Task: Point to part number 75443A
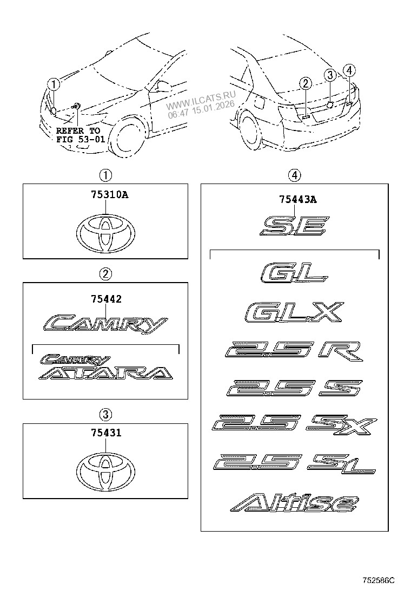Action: (x=295, y=200)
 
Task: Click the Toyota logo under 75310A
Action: (x=105, y=235)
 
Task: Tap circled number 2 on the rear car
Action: (x=306, y=83)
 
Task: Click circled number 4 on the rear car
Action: (x=349, y=70)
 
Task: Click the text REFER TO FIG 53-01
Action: (x=78, y=135)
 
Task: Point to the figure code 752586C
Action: (x=379, y=580)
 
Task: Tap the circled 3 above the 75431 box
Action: (x=105, y=415)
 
